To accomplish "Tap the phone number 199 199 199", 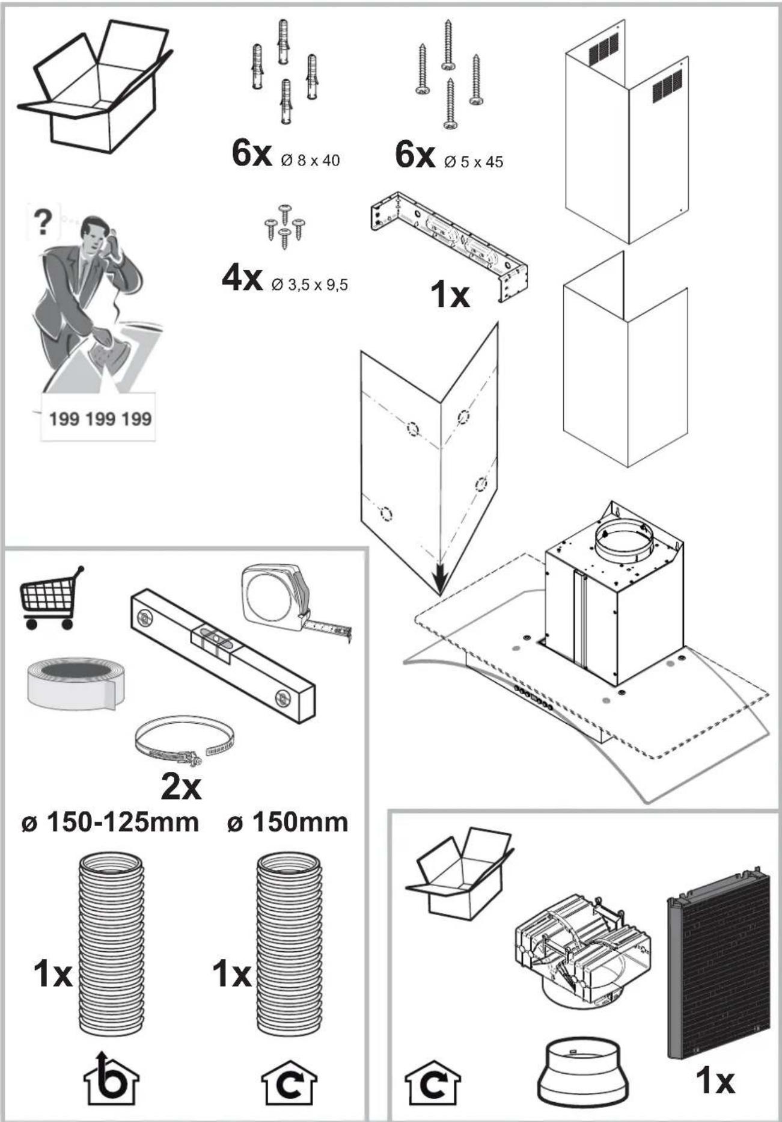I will tap(100, 418).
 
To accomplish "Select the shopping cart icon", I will tap(50, 599).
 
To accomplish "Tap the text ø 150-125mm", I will tap(109, 822).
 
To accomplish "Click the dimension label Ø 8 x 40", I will tap(310, 161).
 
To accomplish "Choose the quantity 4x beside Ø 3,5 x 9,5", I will tap(242, 279).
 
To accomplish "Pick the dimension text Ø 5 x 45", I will tap(474, 161).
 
